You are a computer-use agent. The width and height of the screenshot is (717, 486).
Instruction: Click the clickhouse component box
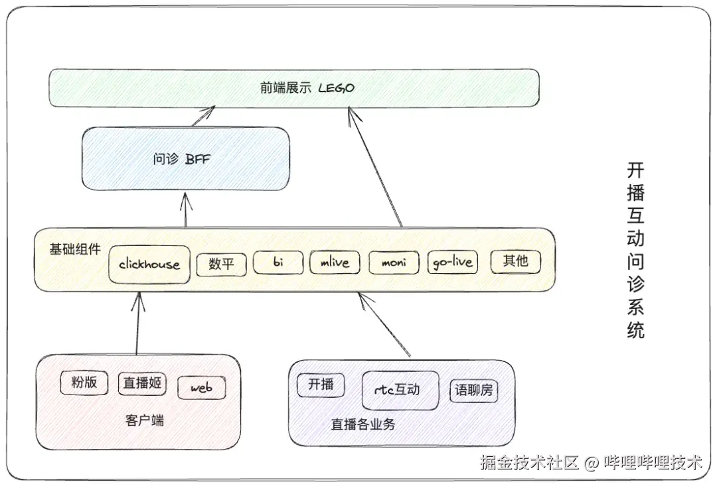149,264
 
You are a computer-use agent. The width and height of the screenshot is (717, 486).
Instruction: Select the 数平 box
222,264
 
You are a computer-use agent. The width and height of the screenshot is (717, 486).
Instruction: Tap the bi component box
278,263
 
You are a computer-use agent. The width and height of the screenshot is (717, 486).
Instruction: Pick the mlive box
335,263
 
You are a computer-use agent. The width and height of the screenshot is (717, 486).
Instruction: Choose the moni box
394,263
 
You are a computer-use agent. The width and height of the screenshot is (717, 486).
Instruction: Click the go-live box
453,263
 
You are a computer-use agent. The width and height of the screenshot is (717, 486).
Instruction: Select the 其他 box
515,261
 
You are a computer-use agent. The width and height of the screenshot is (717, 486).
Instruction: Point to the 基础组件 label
75,250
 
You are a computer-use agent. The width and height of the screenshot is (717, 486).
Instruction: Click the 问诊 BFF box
186,159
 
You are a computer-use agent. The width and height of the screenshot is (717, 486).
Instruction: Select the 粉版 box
84,383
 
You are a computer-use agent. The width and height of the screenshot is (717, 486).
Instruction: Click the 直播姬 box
143,383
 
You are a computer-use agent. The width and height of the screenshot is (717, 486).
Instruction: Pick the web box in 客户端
201,388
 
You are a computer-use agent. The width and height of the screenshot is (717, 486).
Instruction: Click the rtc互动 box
400,390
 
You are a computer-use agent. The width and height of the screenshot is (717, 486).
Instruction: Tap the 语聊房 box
473,391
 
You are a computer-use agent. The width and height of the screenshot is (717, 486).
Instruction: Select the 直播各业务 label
363,424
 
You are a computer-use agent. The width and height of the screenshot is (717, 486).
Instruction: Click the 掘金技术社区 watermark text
530,462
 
